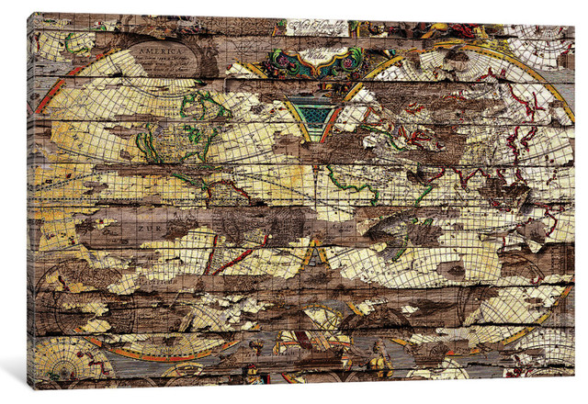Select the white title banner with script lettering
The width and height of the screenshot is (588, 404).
(317, 28)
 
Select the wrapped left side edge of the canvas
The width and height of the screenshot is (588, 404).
(30, 202)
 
